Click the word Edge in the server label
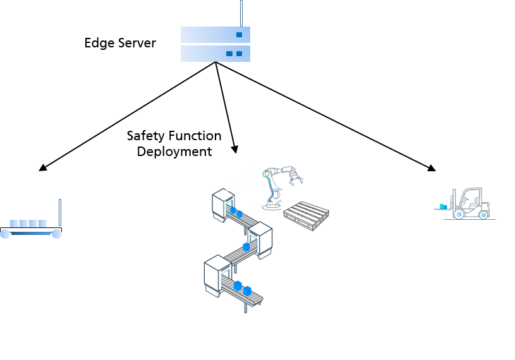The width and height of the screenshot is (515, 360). (99, 44)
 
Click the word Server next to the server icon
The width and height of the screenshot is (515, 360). (137, 43)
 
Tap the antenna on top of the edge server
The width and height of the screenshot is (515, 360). (241, 13)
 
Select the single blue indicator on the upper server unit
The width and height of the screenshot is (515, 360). (239, 35)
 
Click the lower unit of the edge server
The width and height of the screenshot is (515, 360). (215, 54)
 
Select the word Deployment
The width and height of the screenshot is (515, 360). (174, 152)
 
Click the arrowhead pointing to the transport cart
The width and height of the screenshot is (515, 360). (43, 167)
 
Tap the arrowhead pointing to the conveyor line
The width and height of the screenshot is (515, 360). (234, 149)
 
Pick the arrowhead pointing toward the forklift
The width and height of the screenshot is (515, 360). (432, 168)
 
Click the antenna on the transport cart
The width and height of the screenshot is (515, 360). (60, 213)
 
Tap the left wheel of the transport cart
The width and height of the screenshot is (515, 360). (5, 234)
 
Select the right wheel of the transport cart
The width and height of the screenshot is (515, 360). (57, 234)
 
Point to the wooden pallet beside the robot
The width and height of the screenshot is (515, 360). (306, 216)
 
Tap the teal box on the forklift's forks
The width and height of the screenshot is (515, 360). (443, 207)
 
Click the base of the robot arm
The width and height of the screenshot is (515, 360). (271, 206)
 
